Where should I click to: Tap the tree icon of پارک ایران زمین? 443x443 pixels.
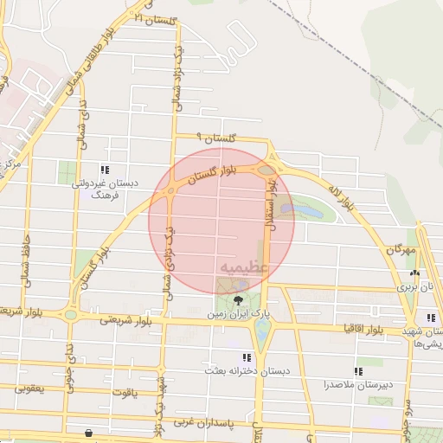tap(239, 299)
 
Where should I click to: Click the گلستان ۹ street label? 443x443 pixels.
tap(215, 138)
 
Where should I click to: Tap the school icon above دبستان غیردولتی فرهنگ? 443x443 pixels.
tap(105, 170)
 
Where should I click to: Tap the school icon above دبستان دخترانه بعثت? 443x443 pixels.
tap(247, 356)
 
